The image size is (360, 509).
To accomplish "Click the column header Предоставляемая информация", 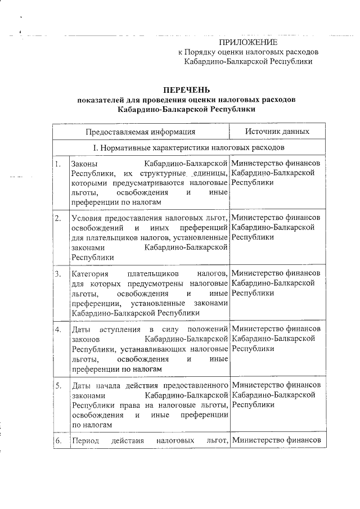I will (141, 132).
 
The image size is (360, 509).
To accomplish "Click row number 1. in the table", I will (57, 163).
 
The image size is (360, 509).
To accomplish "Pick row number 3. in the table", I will (57, 274).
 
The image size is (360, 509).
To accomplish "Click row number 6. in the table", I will (57, 440).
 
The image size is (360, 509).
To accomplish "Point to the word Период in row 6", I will (85, 440).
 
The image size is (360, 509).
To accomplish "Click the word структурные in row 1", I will (159, 173).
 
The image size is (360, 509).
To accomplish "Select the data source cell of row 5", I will (276, 395).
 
